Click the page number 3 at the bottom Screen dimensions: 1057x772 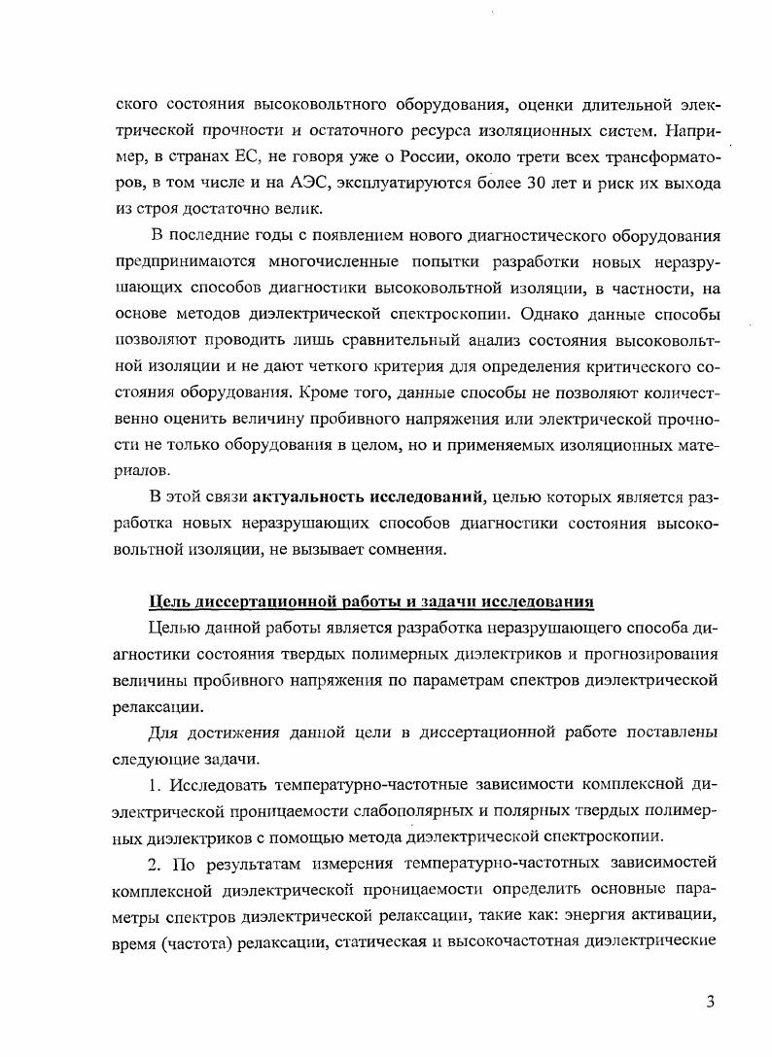coord(710,1003)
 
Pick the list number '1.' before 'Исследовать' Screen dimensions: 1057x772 coord(157,783)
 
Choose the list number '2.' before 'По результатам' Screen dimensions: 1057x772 coord(157,862)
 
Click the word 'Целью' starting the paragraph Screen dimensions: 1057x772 coord(172,626)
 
